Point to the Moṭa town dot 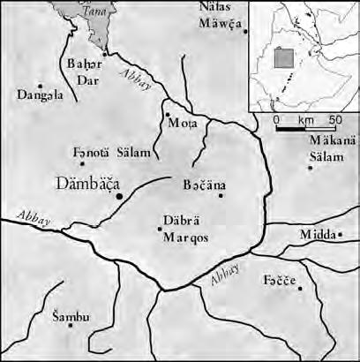click(x=168, y=114)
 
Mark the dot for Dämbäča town click(x=119, y=195)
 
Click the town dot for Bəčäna click(x=221, y=195)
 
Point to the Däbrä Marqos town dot click(x=160, y=229)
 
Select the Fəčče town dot click(x=300, y=289)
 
